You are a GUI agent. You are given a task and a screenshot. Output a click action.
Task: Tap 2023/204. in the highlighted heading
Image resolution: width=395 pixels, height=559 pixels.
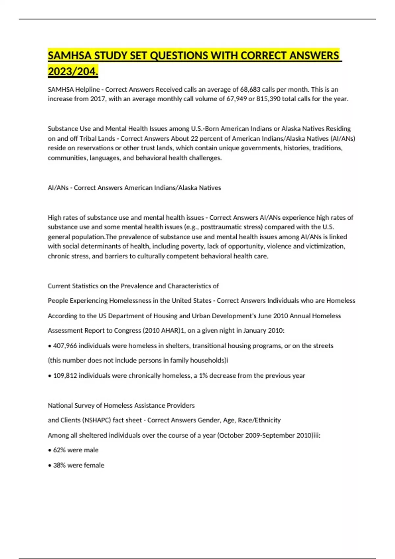click(73, 71)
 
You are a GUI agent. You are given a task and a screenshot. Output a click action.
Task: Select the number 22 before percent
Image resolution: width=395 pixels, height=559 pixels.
click(194, 138)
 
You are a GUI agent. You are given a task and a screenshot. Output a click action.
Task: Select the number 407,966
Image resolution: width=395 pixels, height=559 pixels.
click(65, 346)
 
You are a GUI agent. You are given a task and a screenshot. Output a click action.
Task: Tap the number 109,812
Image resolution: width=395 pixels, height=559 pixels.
click(65, 376)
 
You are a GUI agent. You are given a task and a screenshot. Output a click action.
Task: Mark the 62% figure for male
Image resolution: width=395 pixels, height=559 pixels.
click(59, 450)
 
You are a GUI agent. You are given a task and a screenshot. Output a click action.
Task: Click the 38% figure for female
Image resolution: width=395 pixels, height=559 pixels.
click(59, 465)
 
